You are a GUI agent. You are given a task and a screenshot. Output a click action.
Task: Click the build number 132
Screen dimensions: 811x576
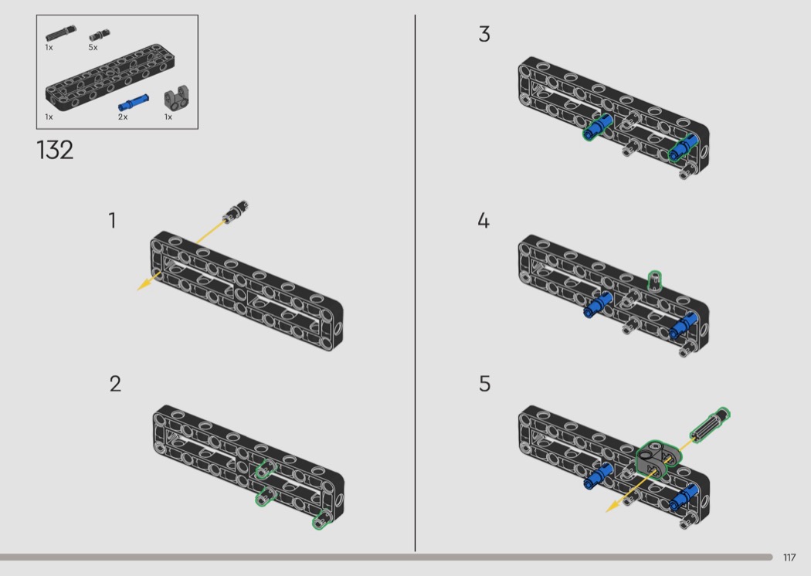55,150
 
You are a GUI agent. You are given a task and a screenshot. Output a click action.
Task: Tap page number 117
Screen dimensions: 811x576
789,557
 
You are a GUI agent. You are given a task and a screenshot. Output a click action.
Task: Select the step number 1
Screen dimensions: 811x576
112,220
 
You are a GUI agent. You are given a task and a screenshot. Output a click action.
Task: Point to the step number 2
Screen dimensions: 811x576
115,384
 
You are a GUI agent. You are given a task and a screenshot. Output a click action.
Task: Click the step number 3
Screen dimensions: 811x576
484,34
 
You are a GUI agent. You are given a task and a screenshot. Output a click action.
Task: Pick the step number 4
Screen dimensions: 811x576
483,220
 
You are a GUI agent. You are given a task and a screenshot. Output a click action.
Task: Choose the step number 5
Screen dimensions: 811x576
484,384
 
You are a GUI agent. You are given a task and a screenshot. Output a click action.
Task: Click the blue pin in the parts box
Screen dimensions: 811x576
134,103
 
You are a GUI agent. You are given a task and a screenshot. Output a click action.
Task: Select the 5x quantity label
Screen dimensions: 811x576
93,48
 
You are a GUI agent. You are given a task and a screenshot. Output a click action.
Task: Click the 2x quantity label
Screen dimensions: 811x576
123,117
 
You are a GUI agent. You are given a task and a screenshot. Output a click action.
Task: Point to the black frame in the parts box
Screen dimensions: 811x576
110,77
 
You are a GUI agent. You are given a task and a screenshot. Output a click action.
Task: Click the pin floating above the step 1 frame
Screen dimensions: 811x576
236,211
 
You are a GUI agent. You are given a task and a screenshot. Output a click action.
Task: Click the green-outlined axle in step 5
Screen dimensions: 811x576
710,425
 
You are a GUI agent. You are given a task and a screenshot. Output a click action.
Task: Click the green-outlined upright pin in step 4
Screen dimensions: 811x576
655,280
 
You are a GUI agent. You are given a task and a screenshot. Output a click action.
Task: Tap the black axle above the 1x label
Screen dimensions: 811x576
60,33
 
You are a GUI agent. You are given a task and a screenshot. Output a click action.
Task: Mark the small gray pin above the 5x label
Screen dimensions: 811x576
100,35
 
